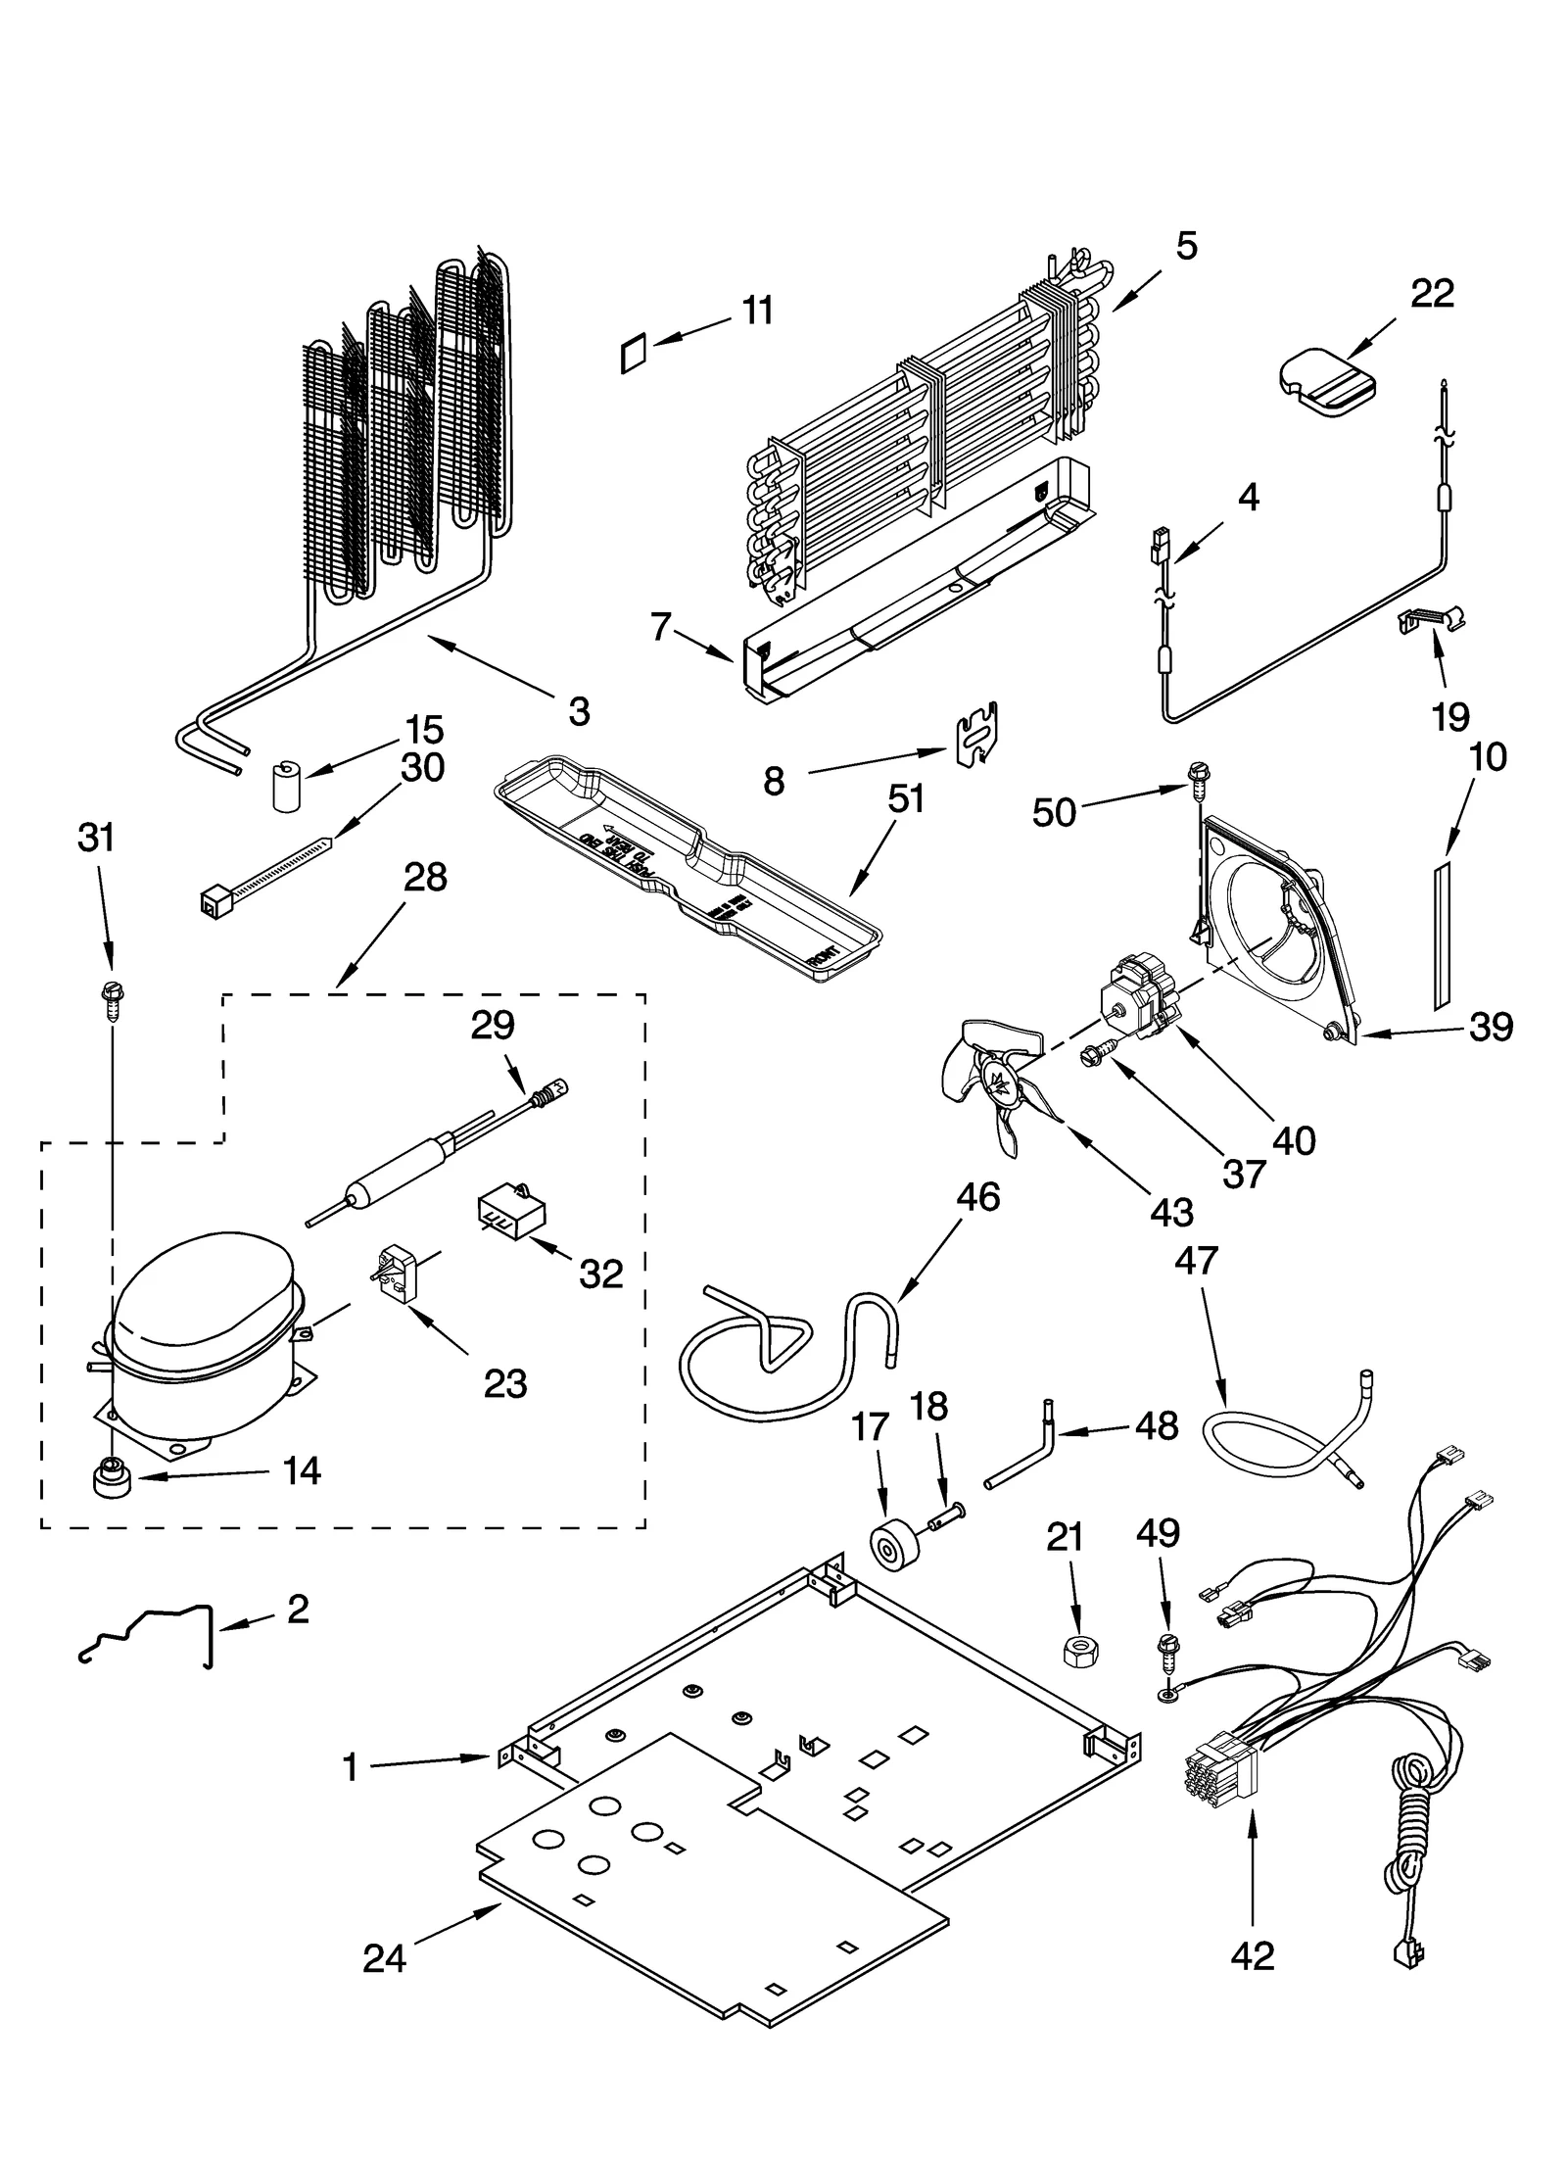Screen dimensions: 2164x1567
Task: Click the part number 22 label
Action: [1431, 293]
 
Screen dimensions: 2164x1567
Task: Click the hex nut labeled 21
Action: [1079, 1650]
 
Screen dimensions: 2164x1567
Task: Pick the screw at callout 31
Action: [110, 999]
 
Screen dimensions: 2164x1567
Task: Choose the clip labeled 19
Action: [1426, 620]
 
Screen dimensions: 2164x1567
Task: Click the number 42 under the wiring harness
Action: [1253, 1955]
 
